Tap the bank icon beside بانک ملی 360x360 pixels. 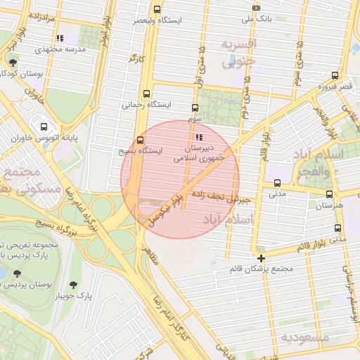point(257,8)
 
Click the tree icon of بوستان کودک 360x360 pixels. point(13,63)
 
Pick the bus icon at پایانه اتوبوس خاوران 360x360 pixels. point(45,127)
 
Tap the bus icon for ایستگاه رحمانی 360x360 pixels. point(146,93)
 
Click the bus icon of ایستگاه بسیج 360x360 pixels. point(141,139)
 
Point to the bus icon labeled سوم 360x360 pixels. point(195,108)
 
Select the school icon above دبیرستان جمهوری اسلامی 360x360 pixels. point(201,137)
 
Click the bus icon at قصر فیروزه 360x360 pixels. point(335,75)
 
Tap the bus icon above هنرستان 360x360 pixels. point(329,193)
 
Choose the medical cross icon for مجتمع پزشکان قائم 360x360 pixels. point(262,258)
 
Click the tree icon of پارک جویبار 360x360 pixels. point(74,284)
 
